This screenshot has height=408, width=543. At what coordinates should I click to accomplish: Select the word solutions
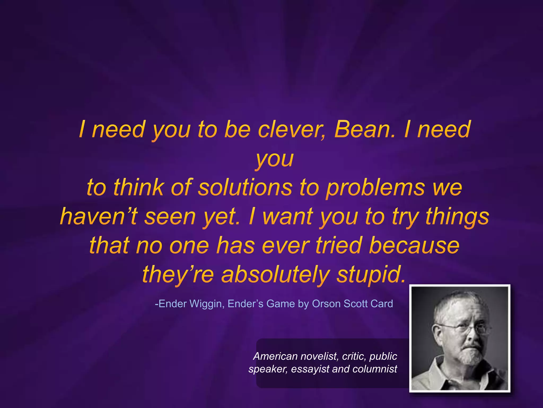coord(245,188)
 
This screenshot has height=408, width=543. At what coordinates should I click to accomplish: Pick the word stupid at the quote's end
coord(371,275)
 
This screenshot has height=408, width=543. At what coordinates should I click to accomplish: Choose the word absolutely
coord(275,275)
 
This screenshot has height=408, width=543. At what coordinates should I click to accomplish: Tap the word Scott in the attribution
coord(355,304)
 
